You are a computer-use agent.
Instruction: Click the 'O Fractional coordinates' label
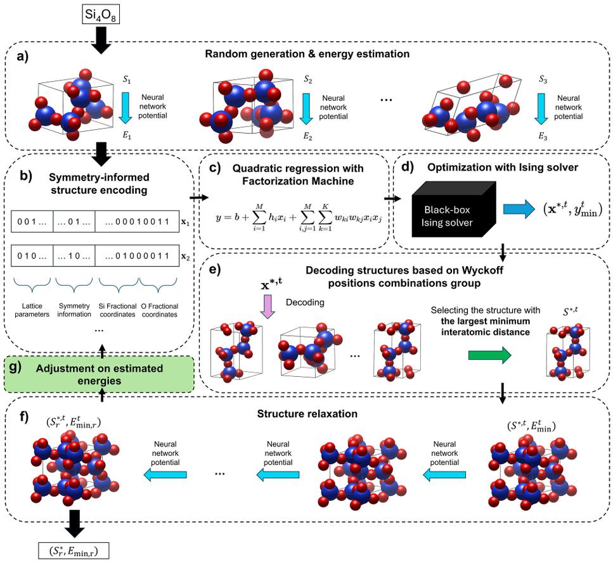point(160,310)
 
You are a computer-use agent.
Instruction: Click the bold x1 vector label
point(185,222)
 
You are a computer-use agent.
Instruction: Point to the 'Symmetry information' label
point(75,310)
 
